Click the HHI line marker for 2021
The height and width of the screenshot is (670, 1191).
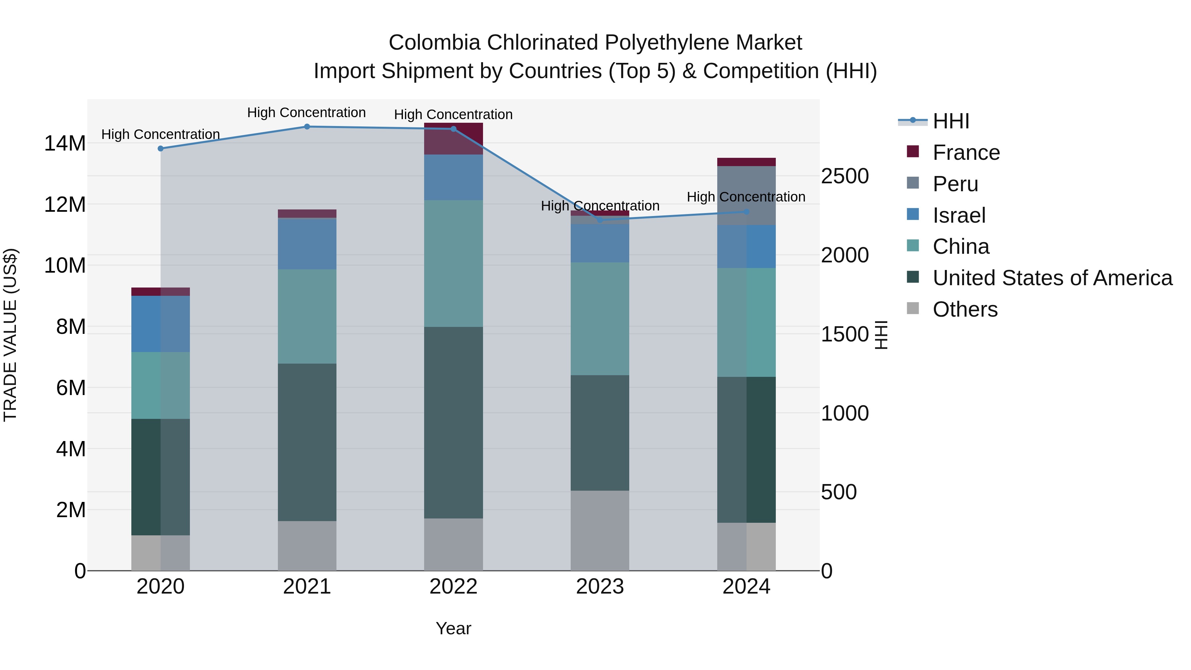[x=307, y=127]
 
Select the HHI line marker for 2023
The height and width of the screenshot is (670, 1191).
[x=600, y=220]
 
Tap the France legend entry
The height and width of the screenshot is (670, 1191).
[x=966, y=153]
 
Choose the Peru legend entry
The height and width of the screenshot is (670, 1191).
[x=955, y=184]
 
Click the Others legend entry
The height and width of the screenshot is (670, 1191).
[x=965, y=309]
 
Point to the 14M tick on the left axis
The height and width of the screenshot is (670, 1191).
[x=65, y=143]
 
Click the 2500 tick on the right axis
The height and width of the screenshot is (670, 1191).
[x=845, y=176]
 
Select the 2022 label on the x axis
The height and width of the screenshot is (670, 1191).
[x=453, y=587]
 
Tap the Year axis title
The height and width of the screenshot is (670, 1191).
[x=453, y=628]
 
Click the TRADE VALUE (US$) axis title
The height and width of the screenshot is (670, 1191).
[x=10, y=335]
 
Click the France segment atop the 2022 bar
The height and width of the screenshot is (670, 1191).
[x=453, y=139]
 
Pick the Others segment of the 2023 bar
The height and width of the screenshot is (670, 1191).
[x=600, y=530]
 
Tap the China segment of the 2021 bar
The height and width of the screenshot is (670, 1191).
[x=307, y=316]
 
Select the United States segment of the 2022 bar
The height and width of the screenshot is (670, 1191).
[x=453, y=422]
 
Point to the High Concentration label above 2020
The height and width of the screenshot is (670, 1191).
[x=160, y=135]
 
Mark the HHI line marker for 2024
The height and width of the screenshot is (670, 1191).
[x=746, y=212]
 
